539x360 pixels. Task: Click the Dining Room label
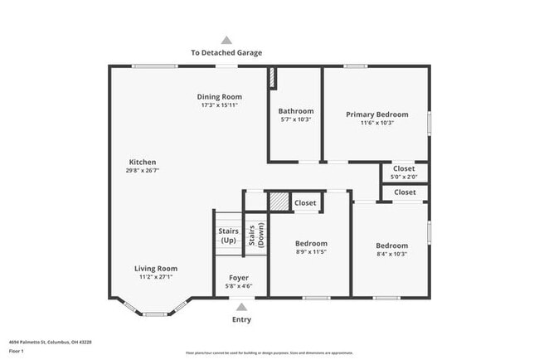220,97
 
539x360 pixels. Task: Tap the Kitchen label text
142,163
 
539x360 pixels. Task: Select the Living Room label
156,269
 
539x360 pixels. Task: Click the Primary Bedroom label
376,114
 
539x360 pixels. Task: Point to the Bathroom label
295,111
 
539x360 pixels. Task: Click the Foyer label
239,278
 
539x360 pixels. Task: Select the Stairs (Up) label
228,236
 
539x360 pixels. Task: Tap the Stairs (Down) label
255,236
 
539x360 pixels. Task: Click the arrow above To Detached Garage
226,39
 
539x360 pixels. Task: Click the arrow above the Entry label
240,306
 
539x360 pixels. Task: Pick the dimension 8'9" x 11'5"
311,252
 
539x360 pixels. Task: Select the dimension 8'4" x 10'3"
391,254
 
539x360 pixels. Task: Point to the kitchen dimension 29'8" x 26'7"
142,171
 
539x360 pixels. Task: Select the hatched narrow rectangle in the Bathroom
270,77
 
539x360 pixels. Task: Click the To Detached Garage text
226,52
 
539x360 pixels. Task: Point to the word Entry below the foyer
240,319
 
